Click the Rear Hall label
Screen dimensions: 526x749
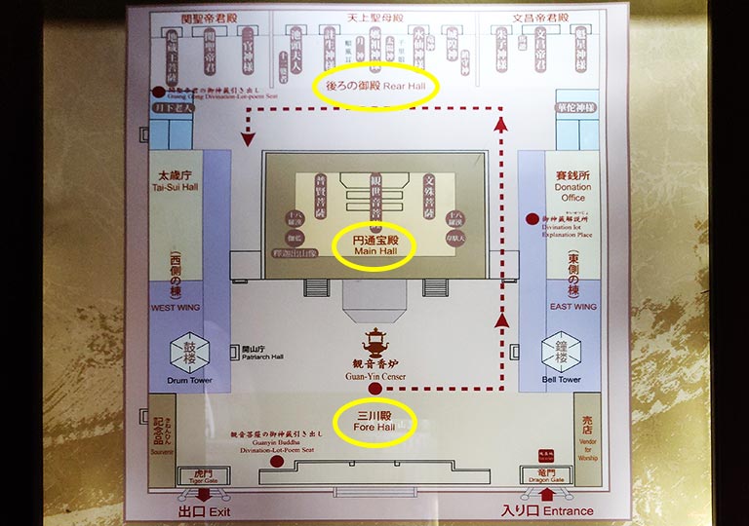pos(375,86)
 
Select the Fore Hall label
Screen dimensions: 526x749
pos(374,422)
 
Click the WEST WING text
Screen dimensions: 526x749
pos(175,307)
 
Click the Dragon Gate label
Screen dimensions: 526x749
pos(544,477)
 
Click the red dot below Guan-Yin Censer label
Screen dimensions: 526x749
pos(375,390)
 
